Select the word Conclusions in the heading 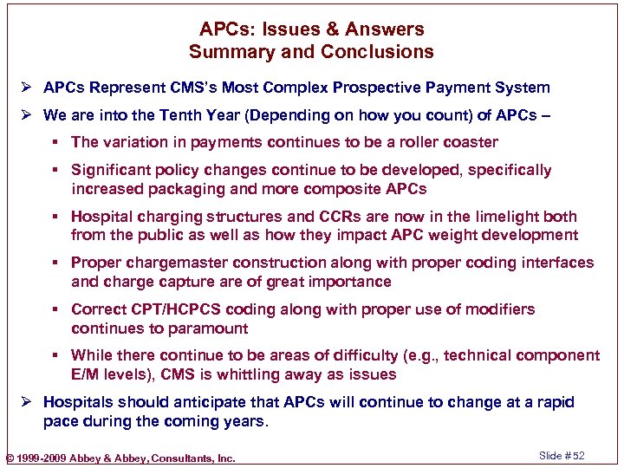377,52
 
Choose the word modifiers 496,309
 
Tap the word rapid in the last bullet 554,402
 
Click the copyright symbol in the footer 10,458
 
